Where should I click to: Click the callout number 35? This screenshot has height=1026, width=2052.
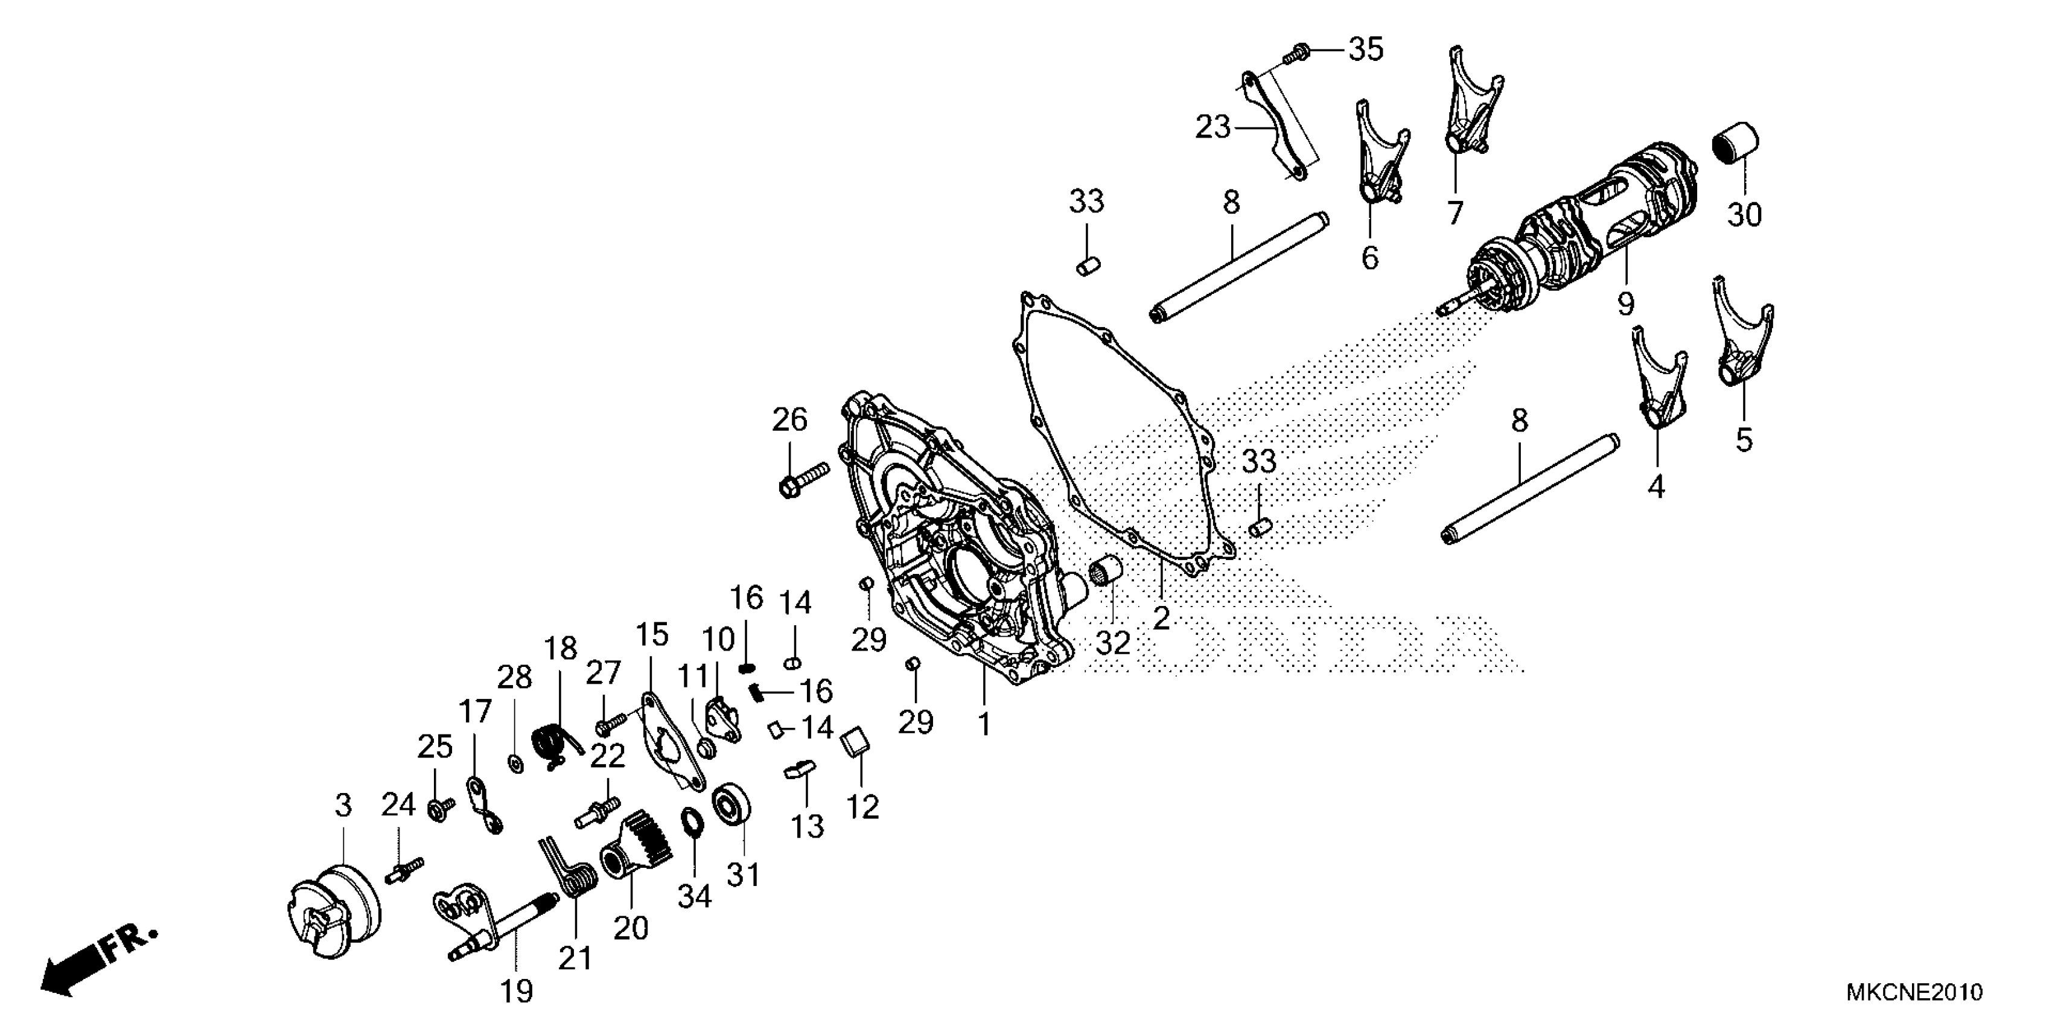pos(1365,49)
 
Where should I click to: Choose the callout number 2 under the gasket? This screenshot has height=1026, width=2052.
pos(1161,617)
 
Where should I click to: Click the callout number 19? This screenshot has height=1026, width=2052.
pos(516,992)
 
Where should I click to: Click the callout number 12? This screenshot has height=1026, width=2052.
pos(862,806)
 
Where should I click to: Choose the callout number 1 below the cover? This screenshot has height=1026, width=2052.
pos(984,724)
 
